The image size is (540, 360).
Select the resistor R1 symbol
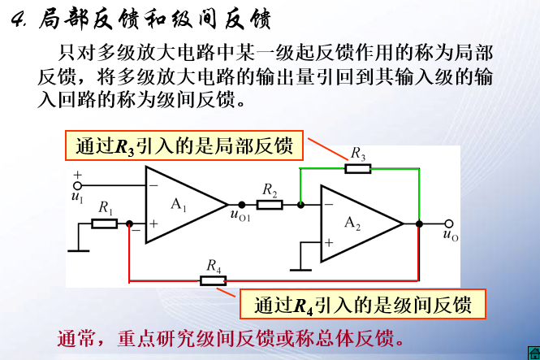(104, 223)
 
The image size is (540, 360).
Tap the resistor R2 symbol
(270, 204)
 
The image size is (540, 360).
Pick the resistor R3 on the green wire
(357, 168)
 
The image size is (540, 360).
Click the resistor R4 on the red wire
(213, 280)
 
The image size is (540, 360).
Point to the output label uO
(451, 236)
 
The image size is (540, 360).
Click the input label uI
(77, 196)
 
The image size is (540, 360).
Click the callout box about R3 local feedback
(184, 146)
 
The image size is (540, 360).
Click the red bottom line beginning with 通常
(230, 336)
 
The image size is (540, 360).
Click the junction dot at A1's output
(241, 204)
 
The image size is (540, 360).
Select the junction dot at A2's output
(418, 223)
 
